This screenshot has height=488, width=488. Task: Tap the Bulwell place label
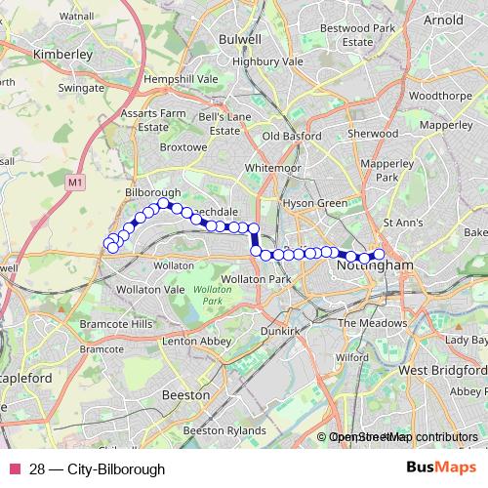click(x=241, y=39)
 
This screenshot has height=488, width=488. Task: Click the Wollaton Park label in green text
click(x=206, y=296)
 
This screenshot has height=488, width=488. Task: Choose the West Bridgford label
click(x=440, y=372)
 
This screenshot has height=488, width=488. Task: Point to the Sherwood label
click(x=374, y=133)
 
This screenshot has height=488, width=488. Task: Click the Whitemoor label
click(x=273, y=168)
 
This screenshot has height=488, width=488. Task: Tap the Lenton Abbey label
click(x=197, y=342)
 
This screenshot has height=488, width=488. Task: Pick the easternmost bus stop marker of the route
click(x=380, y=256)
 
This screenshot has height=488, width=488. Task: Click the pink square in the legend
click(x=14, y=469)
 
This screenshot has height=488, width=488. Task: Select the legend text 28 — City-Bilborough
click(x=97, y=469)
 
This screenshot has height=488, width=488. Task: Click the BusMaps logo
click(x=441, y=468)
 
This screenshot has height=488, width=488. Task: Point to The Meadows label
click(x=372, y=323)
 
